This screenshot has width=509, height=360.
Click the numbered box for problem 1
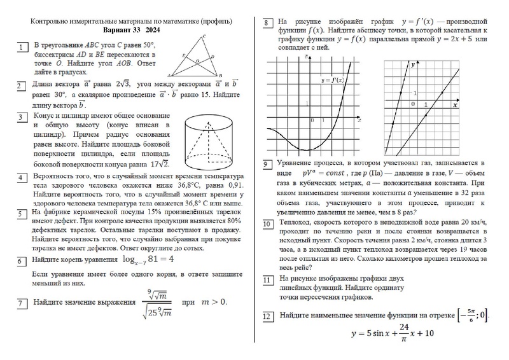tap(23, 47)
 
